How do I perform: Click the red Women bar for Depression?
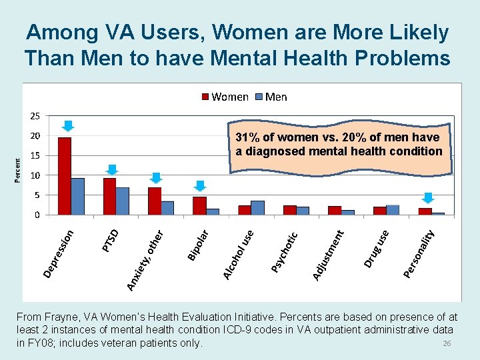(x=65, y=176)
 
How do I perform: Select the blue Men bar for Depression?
(x=78, y=197)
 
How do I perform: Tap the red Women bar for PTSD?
(x=109, y=197)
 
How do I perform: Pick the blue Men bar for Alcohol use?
(x=258, y=208)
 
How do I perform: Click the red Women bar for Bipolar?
(x=199, y=206)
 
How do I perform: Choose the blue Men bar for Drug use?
(x=393, y=210)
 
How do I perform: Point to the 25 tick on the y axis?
(x=34, y=116)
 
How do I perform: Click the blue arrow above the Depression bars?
(x=68, y=126)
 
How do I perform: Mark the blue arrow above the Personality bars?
(x=428, y=198)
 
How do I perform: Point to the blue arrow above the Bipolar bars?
(x=201, y=186)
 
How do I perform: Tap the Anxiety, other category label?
(x=145, y=260)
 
